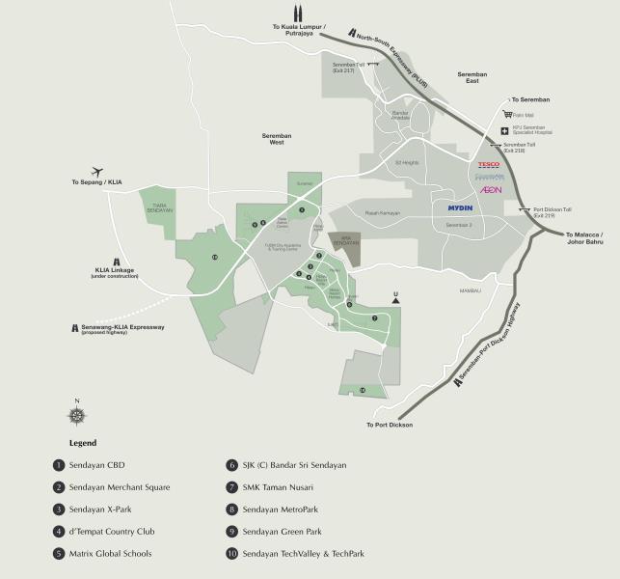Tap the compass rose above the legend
76,415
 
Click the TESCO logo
489,165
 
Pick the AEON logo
491,190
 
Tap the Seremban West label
276,139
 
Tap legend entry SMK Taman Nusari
283,486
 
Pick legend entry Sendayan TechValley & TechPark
309,553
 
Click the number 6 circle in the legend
231,464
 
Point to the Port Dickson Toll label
553,212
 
